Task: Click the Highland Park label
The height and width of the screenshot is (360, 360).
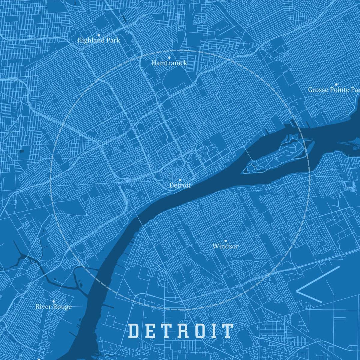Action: coord(98,40)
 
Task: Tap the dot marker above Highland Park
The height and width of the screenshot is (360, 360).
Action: coord(98,35)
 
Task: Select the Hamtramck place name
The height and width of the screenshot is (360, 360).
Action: coord(169,63)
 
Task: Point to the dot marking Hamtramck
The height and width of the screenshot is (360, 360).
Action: coord(169,58)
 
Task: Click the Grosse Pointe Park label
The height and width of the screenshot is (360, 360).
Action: coord(334,90)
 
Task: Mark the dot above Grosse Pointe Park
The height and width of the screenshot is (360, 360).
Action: coord(336,84)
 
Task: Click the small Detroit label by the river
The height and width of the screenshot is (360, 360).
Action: coord(180,185)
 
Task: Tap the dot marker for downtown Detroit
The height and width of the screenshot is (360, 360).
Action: coord(180,180)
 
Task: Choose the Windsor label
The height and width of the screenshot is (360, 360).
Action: coord(226,246)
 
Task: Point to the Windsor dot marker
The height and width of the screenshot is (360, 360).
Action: coord(225,241)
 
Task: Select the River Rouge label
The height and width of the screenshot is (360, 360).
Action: coord(54,307)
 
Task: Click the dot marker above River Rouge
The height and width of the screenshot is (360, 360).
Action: coord(53,301)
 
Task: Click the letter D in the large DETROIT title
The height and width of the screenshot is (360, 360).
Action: coord(133,331)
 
